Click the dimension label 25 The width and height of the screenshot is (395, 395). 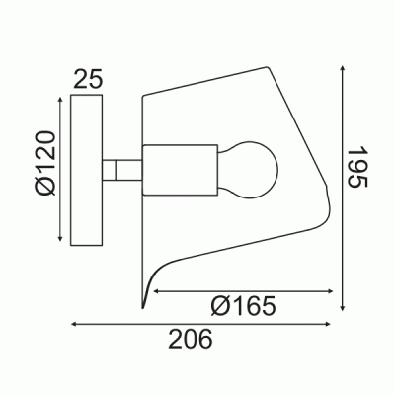coord(88,79)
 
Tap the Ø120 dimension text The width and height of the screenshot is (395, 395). coord(44,163)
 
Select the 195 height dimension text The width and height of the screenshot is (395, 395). coord(356,167)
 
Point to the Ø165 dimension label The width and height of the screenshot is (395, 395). coord(243,306)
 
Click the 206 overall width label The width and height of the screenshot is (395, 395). coord(191,339)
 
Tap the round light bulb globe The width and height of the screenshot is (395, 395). coord(250,170)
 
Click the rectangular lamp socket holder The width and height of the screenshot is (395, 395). coord(180,170)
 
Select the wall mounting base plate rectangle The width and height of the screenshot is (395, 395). coord(87,170)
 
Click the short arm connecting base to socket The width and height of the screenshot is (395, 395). coord(122,170)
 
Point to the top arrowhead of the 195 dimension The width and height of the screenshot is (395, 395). coord(343,68)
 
